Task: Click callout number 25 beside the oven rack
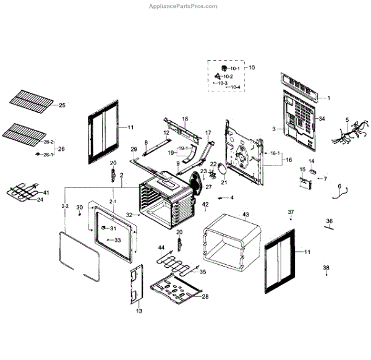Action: point(61,106)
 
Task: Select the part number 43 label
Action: point(245,215)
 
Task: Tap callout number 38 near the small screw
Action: point(326,268)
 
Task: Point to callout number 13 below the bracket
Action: point(139,311)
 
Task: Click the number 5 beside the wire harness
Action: point(347,120)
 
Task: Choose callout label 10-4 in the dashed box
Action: point(235,88)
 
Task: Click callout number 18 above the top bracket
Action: point(184,118)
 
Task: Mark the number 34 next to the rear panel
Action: point(322,119)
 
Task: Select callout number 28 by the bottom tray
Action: point(205,296)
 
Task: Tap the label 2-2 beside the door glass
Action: point(65,205)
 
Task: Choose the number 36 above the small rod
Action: point(330,221)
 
